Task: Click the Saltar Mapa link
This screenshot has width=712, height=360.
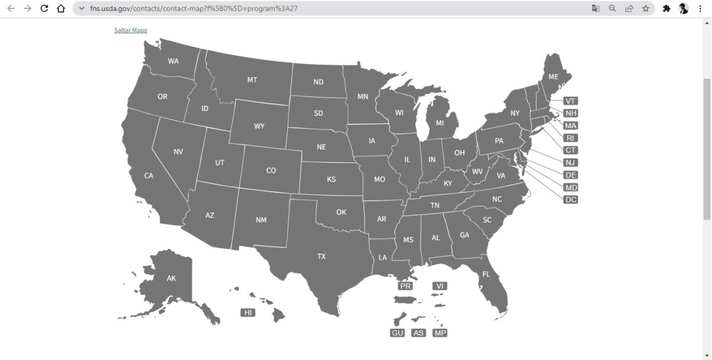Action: [131, 30]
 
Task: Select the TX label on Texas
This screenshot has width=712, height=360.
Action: [322, 257]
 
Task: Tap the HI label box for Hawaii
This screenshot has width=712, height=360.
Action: [248, 313]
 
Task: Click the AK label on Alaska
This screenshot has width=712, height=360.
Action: [171, 278]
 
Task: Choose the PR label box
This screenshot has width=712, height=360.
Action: [405, 286]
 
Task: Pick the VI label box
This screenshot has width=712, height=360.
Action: [440, 286]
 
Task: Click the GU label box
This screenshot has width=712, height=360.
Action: [398, 333]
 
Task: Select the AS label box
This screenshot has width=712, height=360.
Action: [418, 333]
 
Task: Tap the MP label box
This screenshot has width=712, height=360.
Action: [440, 333]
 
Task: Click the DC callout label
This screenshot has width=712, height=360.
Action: [571, 199]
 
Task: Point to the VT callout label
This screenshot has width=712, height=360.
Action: [571, 101]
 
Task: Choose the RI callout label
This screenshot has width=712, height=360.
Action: [571, 138]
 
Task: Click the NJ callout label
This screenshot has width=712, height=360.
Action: [571, 163]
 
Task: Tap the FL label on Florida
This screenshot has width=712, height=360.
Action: [486, 275]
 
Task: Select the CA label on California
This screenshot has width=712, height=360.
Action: [149, 176]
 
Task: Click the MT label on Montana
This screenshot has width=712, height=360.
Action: [252, 79]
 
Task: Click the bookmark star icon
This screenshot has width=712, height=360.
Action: [646, 8]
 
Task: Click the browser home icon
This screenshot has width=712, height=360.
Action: [61, 8]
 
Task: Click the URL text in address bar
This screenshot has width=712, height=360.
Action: [189, 8]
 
